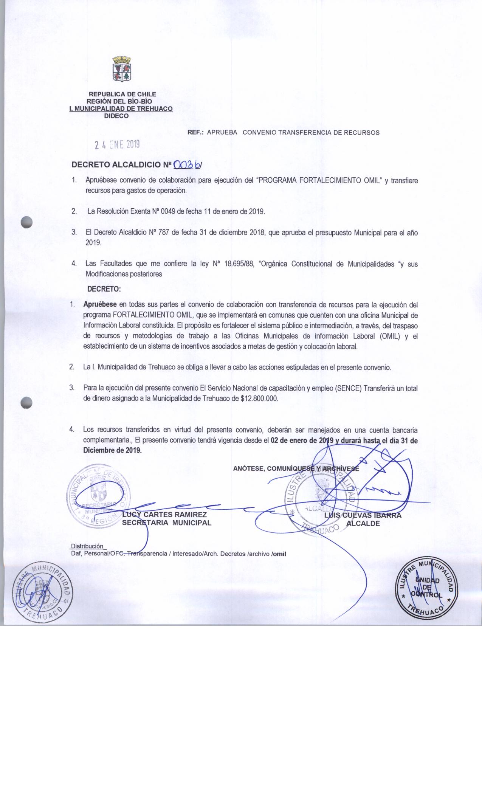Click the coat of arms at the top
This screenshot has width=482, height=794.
pos(122,69)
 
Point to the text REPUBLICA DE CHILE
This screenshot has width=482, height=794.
pos(122,94)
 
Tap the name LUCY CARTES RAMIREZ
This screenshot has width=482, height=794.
pos(164,515)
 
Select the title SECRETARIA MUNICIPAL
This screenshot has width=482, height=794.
pos(166,523)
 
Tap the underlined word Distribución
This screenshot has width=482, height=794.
pos(87,546)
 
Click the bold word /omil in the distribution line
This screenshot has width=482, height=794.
pos(279,554)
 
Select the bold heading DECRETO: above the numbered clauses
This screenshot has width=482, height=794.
pos(104,289)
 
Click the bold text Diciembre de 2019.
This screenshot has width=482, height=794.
pos(113,450)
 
